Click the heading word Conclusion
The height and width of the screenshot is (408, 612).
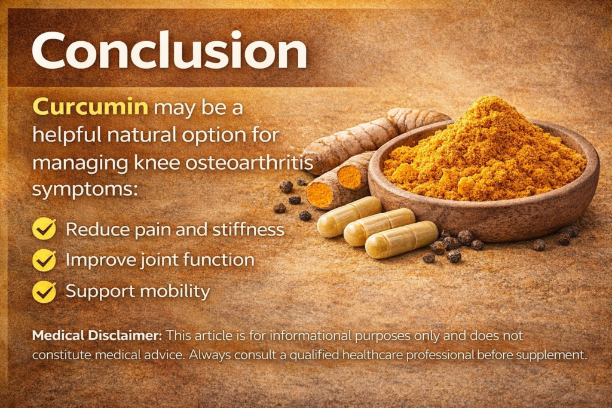[x=169, y=51]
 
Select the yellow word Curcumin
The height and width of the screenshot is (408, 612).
[x=90, y=106]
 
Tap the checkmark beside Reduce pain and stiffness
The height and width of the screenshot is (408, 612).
[x=44, y=228]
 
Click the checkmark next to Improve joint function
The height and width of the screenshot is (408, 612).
[x=44, y=260]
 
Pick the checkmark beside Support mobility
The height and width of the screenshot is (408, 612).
[x=44, y=292]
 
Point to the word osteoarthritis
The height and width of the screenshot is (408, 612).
[x=249, y=162]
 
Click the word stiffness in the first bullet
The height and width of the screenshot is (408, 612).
[x=248, y=229]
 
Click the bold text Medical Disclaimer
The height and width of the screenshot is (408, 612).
[x=97, y=336]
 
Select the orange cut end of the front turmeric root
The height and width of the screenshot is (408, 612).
[x=319, y=195]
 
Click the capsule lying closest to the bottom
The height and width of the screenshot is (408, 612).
[x=402, y=240]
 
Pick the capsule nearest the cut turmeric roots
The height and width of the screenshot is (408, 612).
[x=349, y=216]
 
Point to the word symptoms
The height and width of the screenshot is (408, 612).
[x=85, y=190]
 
